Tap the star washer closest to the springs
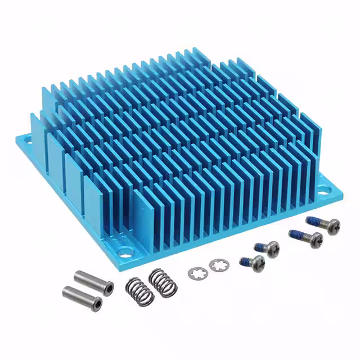coord(197,273)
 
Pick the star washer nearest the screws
coord(216,264)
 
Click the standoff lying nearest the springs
coord(93,279)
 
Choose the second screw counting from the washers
coord(267,247)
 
